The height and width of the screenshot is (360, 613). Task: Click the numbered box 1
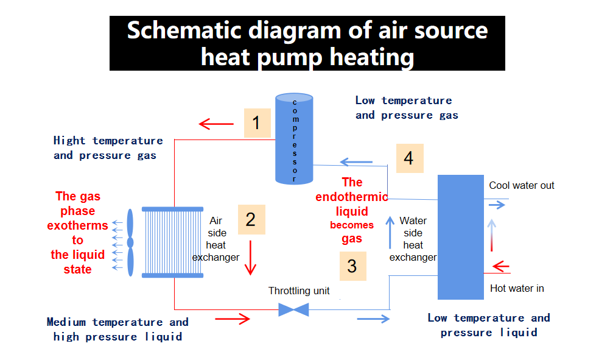[x=256, y=123]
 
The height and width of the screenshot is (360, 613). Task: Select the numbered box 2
[x=251, y=219]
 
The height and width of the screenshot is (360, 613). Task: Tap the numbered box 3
[x=352, y=266]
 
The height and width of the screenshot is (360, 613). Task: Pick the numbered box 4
[x=408, y=158]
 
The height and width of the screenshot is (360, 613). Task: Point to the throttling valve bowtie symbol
[x=293, y=309]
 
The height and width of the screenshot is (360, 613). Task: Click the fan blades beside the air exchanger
[x=130, y=242]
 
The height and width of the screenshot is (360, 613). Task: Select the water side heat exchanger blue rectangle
[x=460, y=236]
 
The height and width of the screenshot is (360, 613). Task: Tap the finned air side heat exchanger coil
[x=173, y=242]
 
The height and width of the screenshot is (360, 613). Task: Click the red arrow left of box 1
[x=216, y=125]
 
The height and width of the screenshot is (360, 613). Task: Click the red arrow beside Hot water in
[x=500, y=267]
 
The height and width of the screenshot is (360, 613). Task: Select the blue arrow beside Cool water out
[x=497, y=205]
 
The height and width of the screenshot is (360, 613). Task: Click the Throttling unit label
[x=299, y=291]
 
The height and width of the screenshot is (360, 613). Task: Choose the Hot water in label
[x=517, y=288]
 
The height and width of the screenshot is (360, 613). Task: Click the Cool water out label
[x=522, y=185]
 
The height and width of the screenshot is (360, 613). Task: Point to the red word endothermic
[x=351, y=197]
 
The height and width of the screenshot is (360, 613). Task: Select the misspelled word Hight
[x=69, y=141]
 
